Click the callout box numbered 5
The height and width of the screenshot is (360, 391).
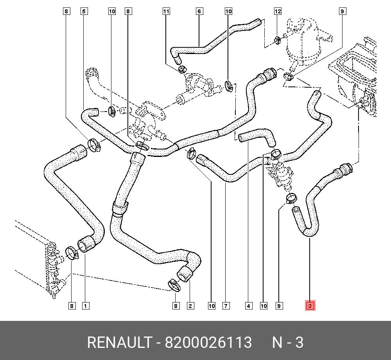pyautogui.click(x=84, y=11)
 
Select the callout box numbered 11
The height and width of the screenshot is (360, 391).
pyautogui.click(x=166, y=11)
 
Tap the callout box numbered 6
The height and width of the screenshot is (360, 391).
pyautogui.click(x=199, y=11)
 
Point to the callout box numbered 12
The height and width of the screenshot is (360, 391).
pyautogui.click(x=278, y=11)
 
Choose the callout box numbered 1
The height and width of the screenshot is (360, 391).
pyautogui.click(x=85, y=306)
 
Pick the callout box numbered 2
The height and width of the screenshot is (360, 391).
pyautogui.click(x=190, y=306)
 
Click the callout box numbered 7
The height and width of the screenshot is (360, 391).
pyautogui.click(x=226, y=306)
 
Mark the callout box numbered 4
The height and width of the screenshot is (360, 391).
pyautogui.click(x=248, y=306)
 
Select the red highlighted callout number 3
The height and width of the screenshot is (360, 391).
pyautogui.click(x=310, y=306)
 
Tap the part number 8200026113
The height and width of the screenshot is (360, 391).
pyautogui.click(x=208, y=343)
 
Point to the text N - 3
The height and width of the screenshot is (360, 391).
pyautogui.click(x=288, y=343)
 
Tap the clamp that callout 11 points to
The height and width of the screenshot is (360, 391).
pyautogui.click(x=182, y=70)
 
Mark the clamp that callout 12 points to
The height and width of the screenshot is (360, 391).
pyautogui.click(x=277, y=39)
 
